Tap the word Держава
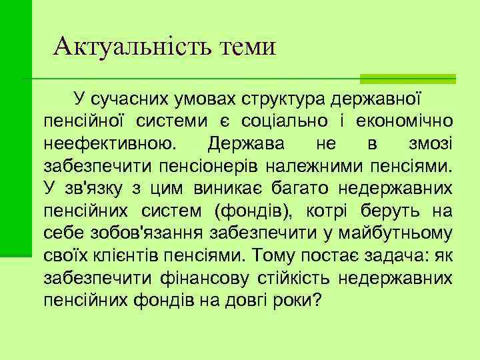click(245, 143)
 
